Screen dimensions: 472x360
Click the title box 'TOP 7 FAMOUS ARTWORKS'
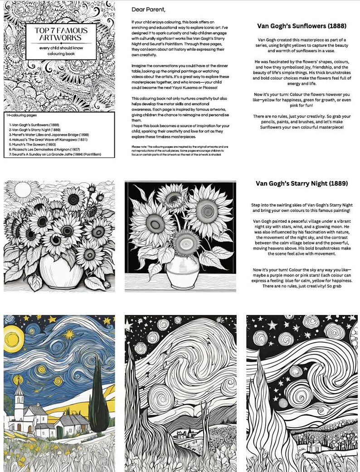[61, 36]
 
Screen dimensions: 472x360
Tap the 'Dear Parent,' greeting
[148, 9]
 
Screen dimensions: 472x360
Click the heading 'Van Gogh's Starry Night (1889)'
[302, 183]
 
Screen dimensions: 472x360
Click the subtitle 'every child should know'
[61, 48]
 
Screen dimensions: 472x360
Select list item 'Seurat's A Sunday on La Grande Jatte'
[55, 154]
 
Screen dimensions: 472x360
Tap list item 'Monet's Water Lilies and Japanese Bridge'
[45, 134]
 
